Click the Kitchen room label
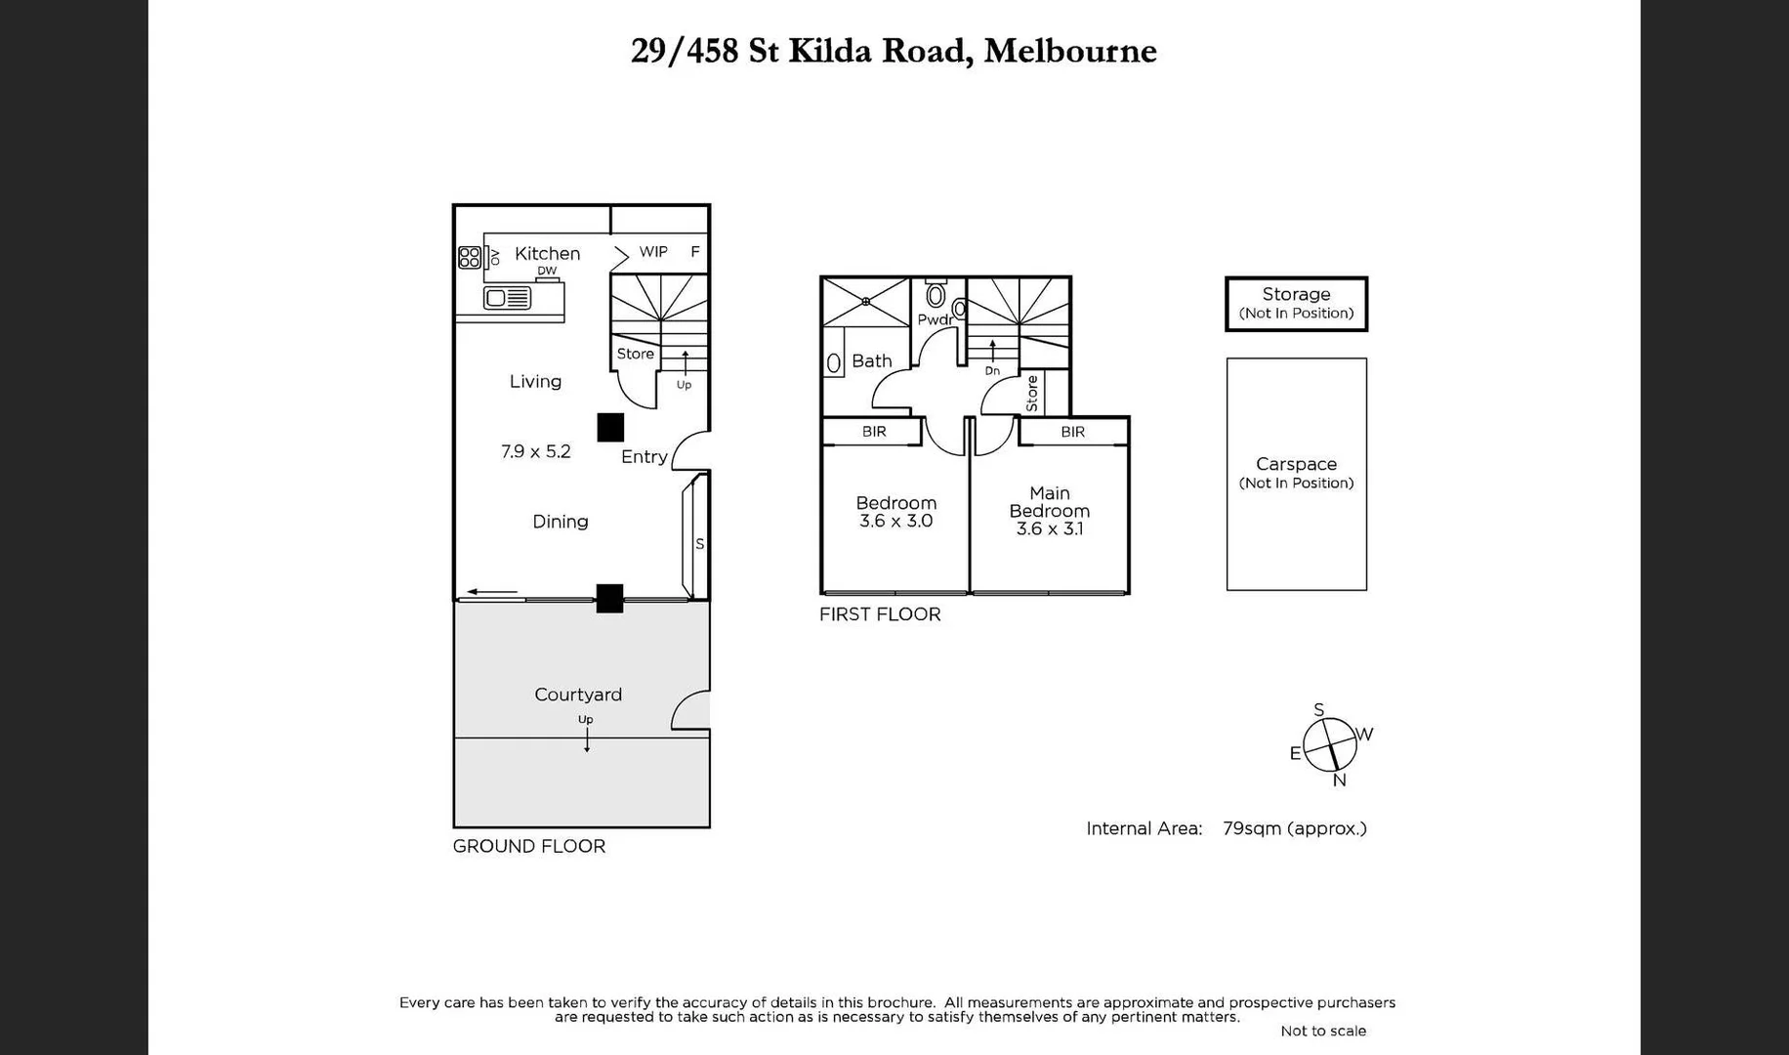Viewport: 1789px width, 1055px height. click(x=547, y=253)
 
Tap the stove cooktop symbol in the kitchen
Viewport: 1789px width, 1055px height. click(x=470, y=257)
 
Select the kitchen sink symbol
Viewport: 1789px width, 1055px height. click(x=507, y=298)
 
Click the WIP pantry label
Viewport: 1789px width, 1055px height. click(x=653, y=252)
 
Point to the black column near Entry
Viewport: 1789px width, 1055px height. click(x=610, y=427)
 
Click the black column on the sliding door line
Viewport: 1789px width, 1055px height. click(x=609, y=599)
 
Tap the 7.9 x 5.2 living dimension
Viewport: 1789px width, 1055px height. click(x=535, y=451)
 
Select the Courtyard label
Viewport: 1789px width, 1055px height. click(x=577, y=695)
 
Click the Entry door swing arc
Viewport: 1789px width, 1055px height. click(x=690, y=450)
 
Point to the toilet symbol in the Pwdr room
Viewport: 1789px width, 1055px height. click(x=936, y=294)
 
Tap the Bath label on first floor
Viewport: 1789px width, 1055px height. click(x=871, y=360)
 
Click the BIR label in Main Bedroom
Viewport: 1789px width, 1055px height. click(x=1072, y=432)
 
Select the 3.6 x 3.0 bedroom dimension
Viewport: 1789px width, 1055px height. click(x=895, y=521)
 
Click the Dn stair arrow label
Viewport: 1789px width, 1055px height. click(x=992, y=370)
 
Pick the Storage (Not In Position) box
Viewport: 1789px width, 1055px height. click(x=1296, y=304)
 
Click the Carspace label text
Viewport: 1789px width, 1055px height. click(x=1296, y=464)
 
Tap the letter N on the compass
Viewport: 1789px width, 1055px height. click(x=1339, y=781)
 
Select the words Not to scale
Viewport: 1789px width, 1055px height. click(x=1322, y=1031)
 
